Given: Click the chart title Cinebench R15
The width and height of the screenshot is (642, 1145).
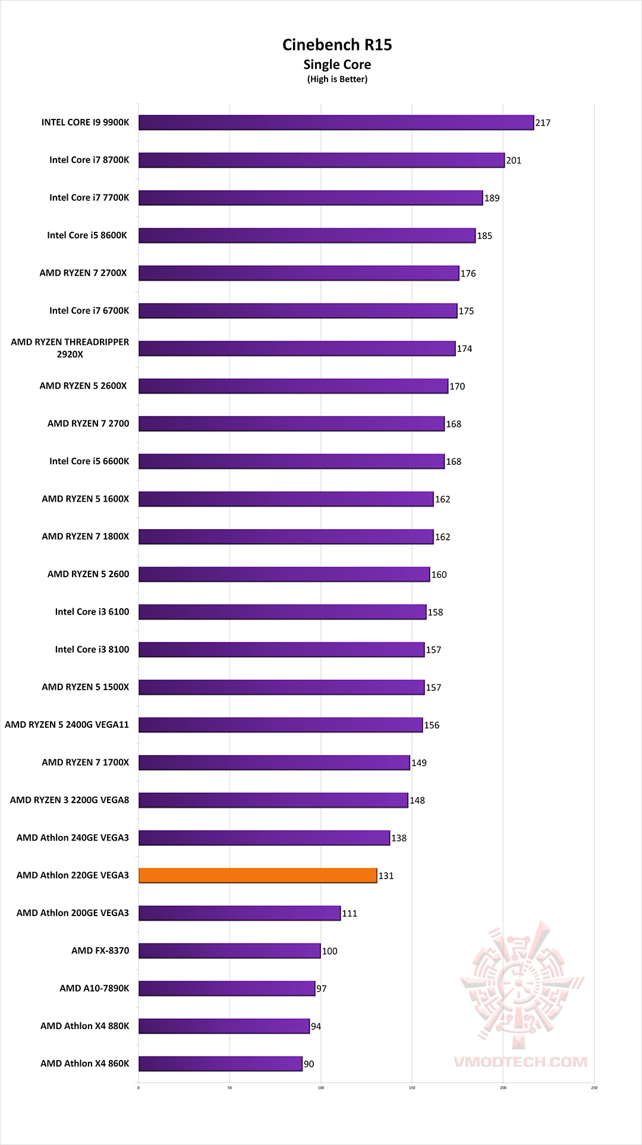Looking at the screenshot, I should point(337,45).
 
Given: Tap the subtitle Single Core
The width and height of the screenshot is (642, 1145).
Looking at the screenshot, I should point(337,65).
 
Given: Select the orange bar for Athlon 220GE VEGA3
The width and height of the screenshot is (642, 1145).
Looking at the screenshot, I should point(257,875).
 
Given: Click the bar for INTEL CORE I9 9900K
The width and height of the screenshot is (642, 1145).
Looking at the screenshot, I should point(336,122).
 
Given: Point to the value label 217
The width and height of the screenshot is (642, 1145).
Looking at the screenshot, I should point(543,123).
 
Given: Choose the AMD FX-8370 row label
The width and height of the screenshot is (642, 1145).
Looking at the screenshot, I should point(100,951).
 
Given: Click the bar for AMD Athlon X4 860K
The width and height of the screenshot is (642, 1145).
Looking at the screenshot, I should point(220,1064).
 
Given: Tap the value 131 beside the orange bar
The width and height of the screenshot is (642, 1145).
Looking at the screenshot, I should point(386,876).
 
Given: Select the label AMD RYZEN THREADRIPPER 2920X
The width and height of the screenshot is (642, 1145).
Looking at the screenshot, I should point(70,348).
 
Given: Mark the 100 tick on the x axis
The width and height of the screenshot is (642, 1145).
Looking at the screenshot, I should point(321,1088).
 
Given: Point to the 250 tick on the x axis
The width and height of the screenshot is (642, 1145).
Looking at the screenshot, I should point(594,1088).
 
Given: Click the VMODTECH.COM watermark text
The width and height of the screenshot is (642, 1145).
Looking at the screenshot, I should point(520,1062).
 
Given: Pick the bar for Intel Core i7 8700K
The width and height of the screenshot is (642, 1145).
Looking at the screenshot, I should point(321,160).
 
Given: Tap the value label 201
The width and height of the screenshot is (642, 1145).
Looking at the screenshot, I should point(514,161).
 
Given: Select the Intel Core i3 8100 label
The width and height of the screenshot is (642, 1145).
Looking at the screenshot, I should point(92,649).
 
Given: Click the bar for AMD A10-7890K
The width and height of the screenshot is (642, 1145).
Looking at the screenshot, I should point(226,988).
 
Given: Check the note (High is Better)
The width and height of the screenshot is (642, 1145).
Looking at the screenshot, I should point(337,80).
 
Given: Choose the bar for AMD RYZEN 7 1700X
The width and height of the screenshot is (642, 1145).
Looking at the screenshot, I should point(274,762).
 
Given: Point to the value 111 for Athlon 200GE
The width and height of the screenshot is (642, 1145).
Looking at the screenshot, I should point(350,913).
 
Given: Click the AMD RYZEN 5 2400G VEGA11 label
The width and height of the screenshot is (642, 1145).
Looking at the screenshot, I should point(67,725).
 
